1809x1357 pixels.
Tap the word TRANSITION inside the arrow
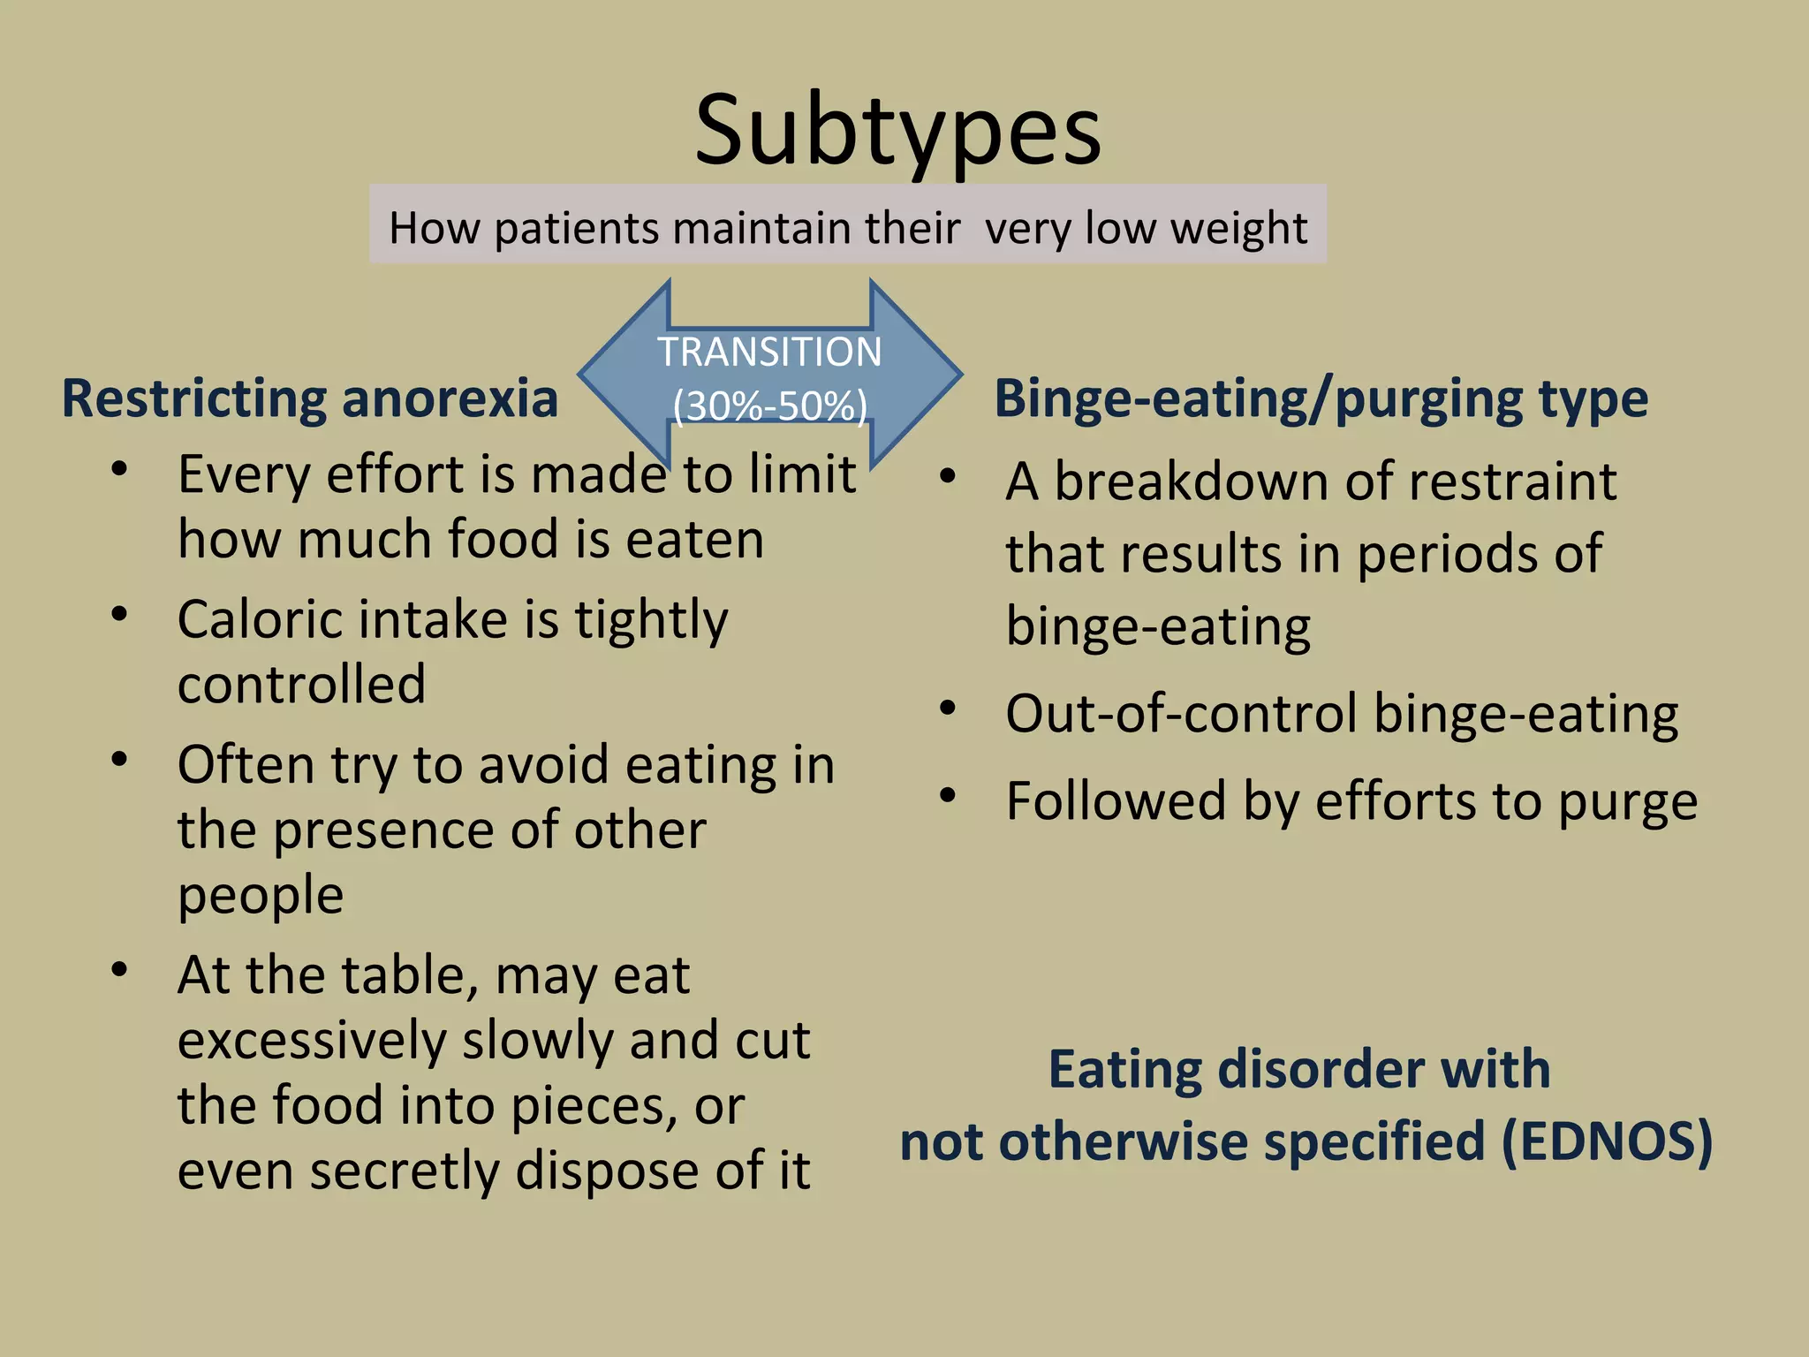coord(769,352)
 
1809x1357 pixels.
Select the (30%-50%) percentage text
coord(769,406)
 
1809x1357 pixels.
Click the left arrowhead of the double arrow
coord(618,375)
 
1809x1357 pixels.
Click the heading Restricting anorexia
coord(310,398)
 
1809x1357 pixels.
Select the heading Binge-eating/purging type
coord(1321,398)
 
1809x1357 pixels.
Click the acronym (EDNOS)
coord(1607,1141)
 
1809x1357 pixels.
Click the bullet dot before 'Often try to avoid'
coord(120,759)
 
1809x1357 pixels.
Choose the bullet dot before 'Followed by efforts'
coord(948,795)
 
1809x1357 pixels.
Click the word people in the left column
coord(261,896)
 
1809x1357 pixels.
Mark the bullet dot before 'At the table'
coord(120,969)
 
